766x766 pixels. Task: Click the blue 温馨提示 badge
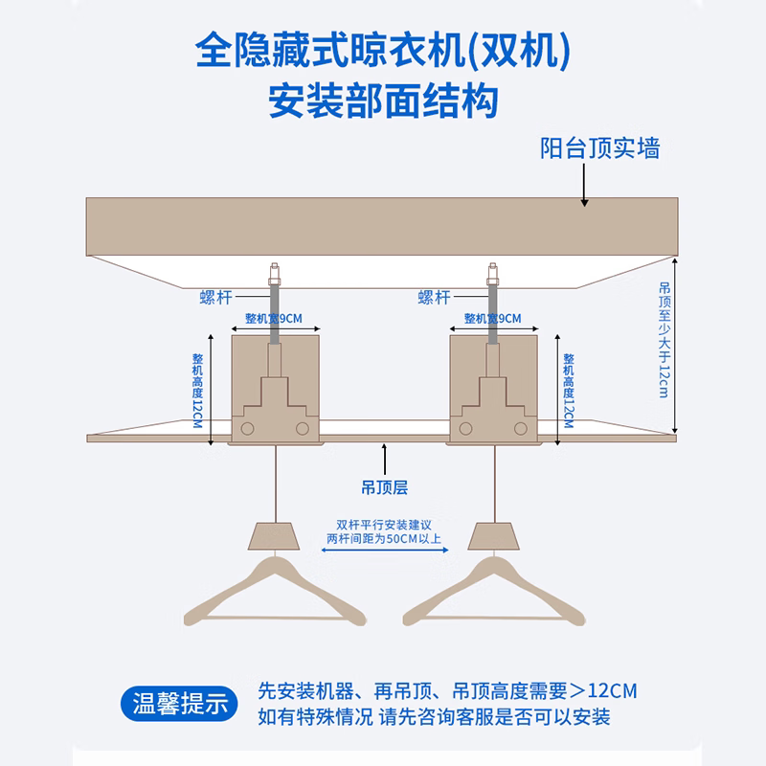179,704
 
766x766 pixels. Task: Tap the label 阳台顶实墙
600,148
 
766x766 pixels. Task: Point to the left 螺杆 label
216,297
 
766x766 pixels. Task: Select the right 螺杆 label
435,297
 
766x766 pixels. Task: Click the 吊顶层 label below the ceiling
385,487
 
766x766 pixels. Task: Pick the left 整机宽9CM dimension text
274,319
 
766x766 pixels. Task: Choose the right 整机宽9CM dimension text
492,319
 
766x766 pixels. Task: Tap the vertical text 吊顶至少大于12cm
665,340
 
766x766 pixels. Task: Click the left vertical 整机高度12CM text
197,391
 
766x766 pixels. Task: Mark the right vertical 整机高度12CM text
569,391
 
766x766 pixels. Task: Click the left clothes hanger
275,592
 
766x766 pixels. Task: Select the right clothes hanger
494,592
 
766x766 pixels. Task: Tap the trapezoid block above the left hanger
274,536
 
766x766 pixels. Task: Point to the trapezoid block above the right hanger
493,536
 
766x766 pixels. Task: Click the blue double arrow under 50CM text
385,550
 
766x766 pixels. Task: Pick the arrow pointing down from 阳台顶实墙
584,185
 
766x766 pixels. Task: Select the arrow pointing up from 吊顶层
385,460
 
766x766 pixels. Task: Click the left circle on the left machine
248,428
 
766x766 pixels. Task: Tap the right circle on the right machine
521,428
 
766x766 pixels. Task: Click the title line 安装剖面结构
384,101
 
